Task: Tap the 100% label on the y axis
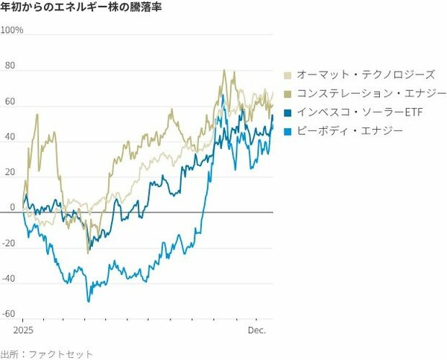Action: (x=13, y=31)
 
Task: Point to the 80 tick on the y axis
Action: (x=10, y=66)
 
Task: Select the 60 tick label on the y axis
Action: (x=10, y=101)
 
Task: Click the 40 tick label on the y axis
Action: (x=10, y=137)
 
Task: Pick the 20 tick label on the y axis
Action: (x=10, y=172)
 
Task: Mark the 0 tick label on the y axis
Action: (x=12, y=207)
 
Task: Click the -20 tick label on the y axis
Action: (x=8, y=243)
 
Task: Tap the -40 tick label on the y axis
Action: (x=8, y=278)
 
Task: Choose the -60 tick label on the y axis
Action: (x=8, y=314)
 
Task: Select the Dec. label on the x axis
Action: (x=257, y=329)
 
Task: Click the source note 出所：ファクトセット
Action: (x=47, y=353)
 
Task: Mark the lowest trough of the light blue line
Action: (x=88, y=300)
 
